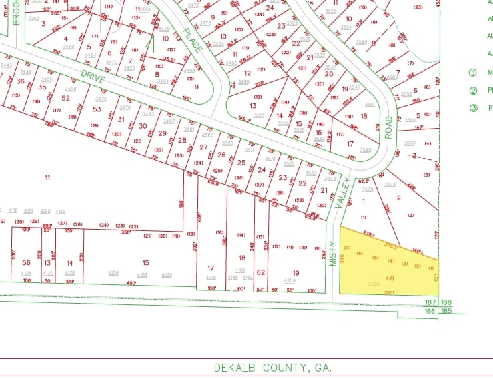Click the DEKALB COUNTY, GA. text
coord(273,368)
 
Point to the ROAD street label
coord(388,127)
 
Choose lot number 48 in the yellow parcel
coord(390,278)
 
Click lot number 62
coord(261,272)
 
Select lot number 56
coord(26,263)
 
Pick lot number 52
coord(65,98)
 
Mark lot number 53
coord(97,109)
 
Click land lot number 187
coord(431,302)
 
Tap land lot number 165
coord(445,310)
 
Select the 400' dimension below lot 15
coord(131,283)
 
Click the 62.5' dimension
coord(364,181)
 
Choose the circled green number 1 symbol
coord(473,72)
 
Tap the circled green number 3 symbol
coord(473,107)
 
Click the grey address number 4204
coord(290,280)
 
